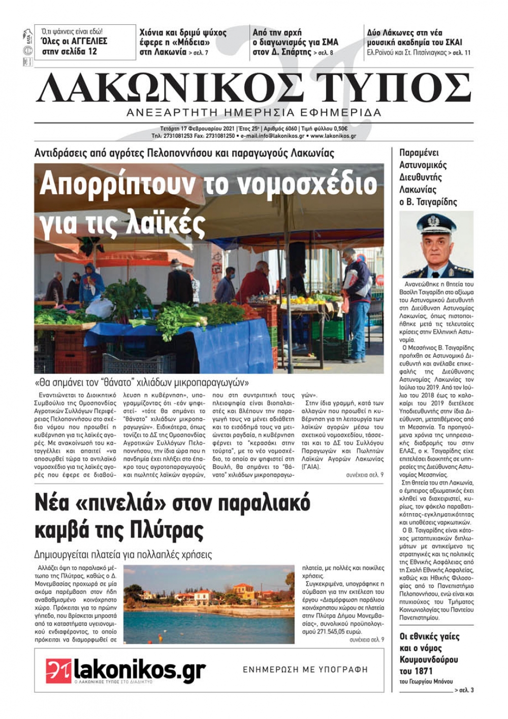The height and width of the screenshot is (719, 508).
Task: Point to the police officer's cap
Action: [x=436, y=222]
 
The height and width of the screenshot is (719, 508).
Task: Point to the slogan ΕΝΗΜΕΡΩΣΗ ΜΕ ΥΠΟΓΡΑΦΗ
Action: [x=305, y=670]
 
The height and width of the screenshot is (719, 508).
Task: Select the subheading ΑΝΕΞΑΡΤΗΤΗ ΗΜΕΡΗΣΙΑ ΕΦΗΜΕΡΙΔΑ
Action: [x=254, y=113]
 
